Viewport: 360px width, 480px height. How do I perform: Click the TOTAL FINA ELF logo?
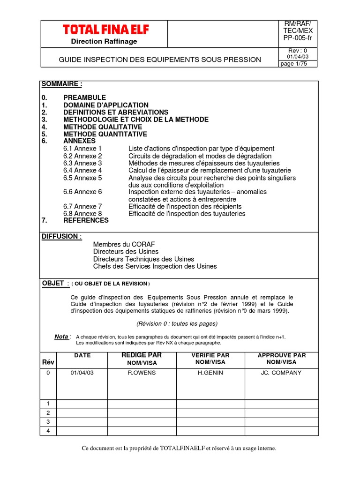point(106,30)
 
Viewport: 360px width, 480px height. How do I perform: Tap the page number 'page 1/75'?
point(293,64)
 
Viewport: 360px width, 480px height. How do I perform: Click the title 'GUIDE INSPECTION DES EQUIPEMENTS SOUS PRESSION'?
point(160,60)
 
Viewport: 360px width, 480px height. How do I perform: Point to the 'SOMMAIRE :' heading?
point(62,84)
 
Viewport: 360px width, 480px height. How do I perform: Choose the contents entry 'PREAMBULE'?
point(84,97)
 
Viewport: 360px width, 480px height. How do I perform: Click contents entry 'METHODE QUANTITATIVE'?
point(105,134)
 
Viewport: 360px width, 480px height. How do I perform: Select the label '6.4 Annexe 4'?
point(82,170)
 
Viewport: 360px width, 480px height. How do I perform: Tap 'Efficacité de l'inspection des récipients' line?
point(185,206)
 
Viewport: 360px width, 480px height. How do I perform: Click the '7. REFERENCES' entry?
point(86,220)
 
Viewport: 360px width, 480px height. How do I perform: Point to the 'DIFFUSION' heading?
point(61,236)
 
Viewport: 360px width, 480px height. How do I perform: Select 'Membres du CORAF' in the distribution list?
point(124,244)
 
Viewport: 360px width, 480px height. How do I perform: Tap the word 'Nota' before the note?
point(62,337)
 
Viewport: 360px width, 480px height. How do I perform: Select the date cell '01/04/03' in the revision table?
point(82,373)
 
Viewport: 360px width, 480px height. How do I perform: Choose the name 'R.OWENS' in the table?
point(142,373)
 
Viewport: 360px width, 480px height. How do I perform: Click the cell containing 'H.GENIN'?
point(210,373)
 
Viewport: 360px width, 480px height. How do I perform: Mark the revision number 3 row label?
point(48,422)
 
